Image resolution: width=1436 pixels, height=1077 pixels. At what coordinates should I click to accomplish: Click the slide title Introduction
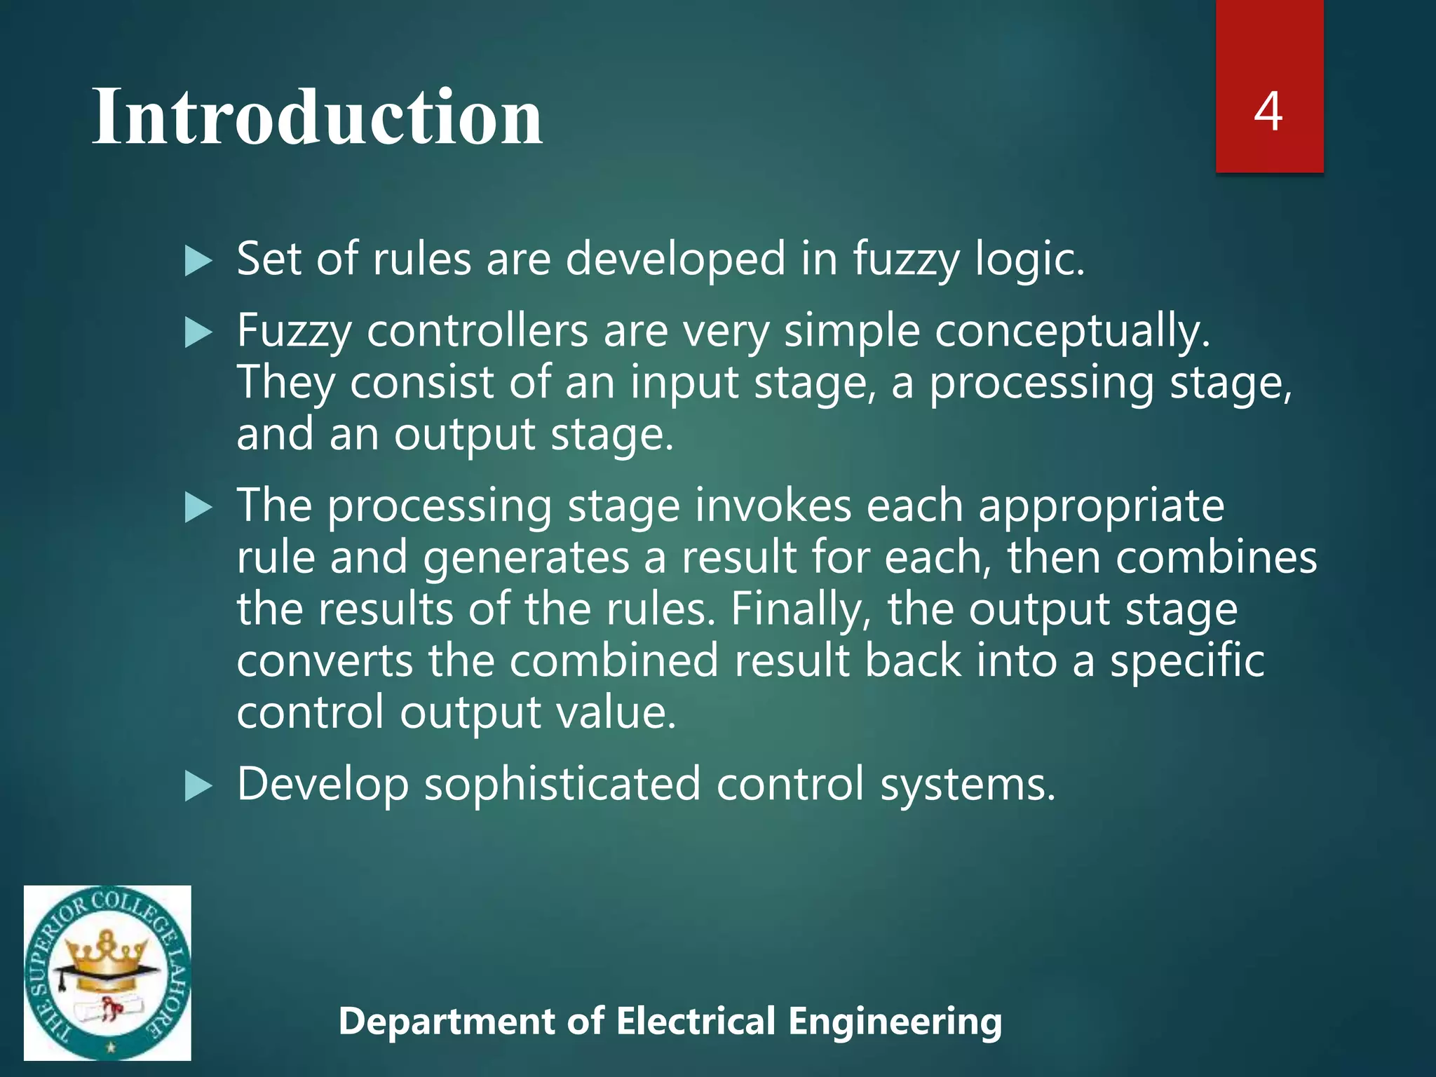click(317, 116)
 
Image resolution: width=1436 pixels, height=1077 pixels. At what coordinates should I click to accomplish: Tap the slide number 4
click(1268, 111)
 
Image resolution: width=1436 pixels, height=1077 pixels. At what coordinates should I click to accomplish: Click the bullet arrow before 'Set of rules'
click(198, 262)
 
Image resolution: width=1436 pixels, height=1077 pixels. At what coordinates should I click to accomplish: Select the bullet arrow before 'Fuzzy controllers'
click(198, 333)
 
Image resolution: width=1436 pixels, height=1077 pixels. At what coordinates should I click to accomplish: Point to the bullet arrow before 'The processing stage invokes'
click(198, 508)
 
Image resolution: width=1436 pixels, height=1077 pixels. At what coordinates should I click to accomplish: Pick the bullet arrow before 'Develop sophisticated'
click(198, 786)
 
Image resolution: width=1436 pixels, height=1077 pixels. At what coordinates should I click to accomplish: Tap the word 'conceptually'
click(1071, 331)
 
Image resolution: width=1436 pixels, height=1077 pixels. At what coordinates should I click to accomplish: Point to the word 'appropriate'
click(1101, 506)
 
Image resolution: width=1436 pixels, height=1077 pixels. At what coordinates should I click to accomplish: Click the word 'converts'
click(325, 661)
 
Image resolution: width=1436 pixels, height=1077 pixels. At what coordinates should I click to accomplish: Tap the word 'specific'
click(1186, 661)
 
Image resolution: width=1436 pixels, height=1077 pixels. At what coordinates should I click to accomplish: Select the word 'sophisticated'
click(562, 784)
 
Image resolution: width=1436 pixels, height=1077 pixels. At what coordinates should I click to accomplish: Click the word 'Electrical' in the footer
click(696, 1021)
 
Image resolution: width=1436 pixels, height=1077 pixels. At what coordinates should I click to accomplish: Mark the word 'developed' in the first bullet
click(675, 259)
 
